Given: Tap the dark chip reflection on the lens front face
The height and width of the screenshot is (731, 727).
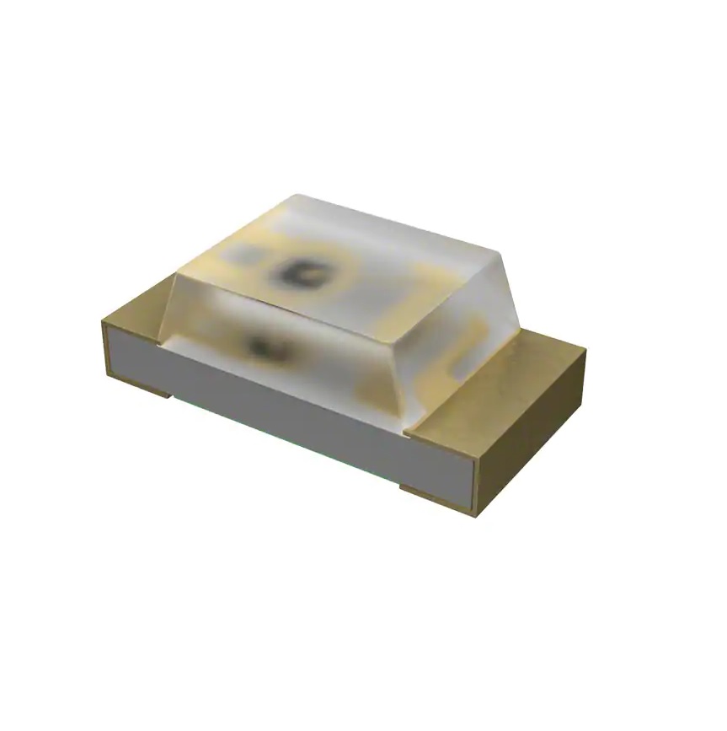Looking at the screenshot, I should coord(264,343).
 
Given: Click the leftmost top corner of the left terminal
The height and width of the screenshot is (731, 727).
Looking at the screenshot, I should coord(102,322).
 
